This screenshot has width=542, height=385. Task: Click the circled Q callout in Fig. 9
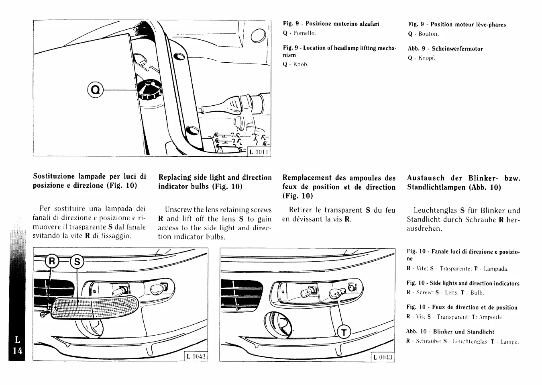click(x=95, y=90)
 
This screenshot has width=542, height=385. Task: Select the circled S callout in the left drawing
click(x=77, y=262)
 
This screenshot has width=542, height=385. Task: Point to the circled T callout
click(x=344, y=332)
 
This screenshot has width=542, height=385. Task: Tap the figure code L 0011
click(x=259, y=152)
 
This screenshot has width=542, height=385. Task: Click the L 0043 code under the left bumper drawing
click(x=196, y=356)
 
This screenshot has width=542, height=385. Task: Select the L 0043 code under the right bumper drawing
click(x=383, y=357)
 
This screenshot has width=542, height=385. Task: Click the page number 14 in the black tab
click(x=17, y=350)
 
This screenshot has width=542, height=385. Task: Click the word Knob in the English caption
click(x=301, y=64)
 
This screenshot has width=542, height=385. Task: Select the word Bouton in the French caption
click(x=428, y=34)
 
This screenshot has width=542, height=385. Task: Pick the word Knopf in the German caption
click(x=426, y=58)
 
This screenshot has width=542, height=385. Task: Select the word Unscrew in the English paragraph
click(x=178, y=210)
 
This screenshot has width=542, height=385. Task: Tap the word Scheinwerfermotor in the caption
click(x=457, y=49)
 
